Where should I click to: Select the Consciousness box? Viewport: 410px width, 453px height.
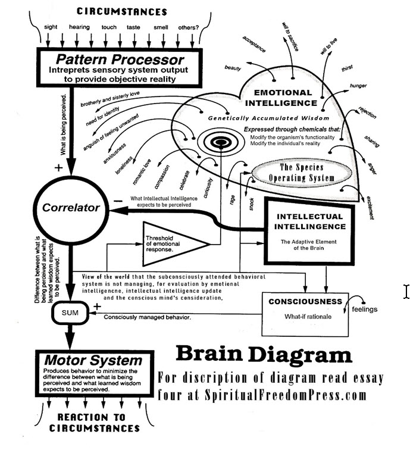pos(305,308)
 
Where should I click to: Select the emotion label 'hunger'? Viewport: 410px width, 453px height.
pos(358,86)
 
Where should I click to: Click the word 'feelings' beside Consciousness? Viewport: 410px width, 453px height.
pos(364,310)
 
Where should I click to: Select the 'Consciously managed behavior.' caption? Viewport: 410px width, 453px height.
pos(148,317)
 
